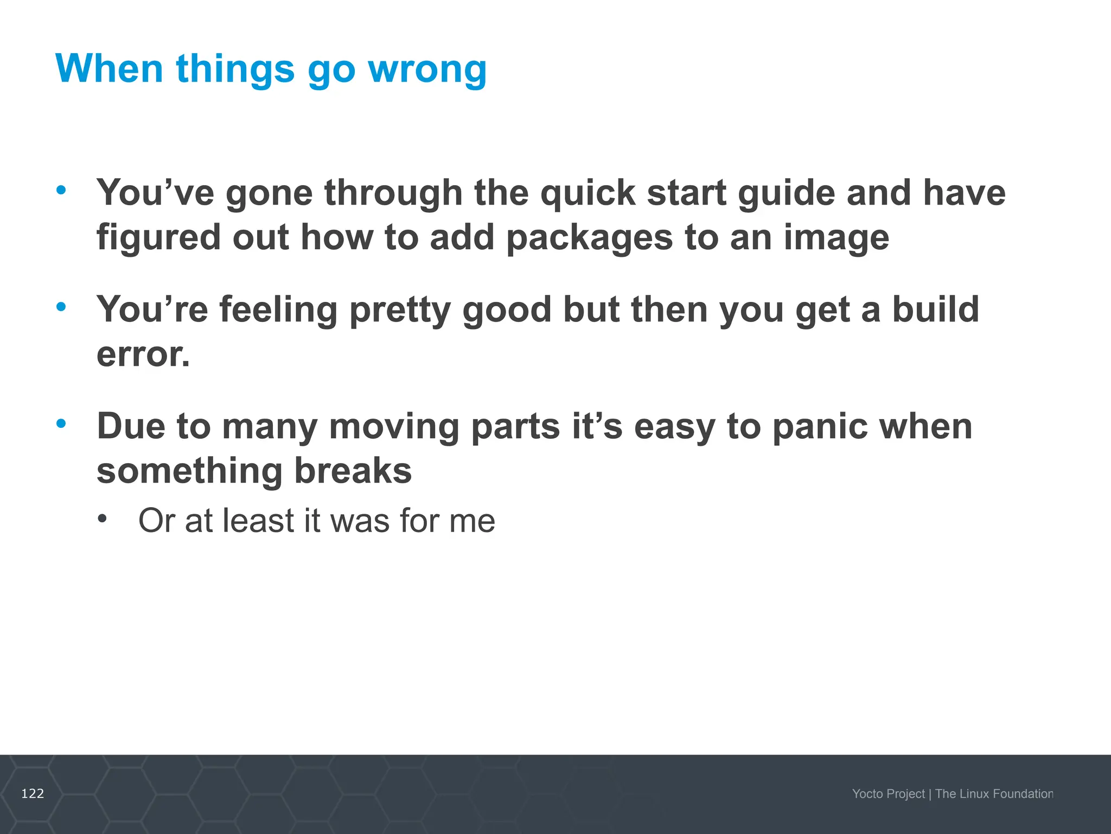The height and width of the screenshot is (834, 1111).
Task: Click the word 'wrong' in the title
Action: [x=427, y=69]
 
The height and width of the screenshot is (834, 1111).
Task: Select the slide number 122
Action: [x=33, y=794]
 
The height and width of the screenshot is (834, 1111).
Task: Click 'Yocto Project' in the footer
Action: [x=888, y=794]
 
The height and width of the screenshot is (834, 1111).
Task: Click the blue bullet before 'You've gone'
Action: [x=61, y=190]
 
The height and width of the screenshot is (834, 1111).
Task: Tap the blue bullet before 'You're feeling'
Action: [x=61, y=307]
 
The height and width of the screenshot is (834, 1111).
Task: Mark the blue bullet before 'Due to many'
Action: [x=61, y=423]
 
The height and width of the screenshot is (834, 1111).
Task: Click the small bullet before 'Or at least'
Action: [x=103, y=519]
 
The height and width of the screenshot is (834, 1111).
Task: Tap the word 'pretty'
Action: [x=400, y=310]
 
